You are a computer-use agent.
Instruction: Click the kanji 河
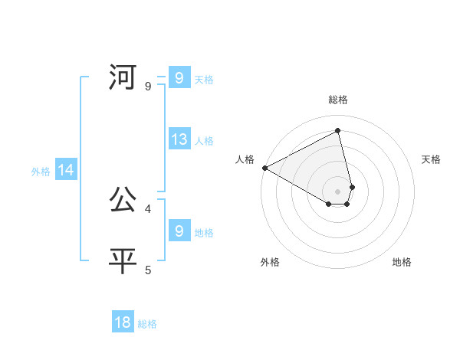(x=123, y=77)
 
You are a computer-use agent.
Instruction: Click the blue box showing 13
(x=179, y=139)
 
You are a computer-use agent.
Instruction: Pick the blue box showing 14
(x=66, y=170)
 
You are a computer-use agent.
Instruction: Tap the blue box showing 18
(x=123, y=322)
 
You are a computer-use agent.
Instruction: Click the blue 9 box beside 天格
(x=179, y=78)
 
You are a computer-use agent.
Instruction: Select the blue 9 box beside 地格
(x=179, y=231)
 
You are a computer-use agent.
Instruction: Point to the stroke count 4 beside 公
(x=148, y=208)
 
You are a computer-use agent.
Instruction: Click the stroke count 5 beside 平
(x=148, y=269)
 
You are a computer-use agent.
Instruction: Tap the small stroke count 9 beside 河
(x=148, y=86)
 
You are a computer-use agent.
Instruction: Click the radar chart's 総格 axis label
(x=338, y=100)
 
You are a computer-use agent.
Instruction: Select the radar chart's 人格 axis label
(x=245, y=159)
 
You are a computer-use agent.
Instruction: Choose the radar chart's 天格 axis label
(x=432, y=159)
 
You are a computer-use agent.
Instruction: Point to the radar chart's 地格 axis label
(x=402, y=262)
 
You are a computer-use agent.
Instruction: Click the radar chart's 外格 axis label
(x=270, y=262)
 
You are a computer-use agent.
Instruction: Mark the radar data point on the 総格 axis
(x=338, y=130)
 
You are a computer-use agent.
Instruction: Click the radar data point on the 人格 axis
(x=264, y=168)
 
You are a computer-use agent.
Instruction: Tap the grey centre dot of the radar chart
(x=338, y=191)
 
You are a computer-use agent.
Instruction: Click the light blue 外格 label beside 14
(x=41, y=172)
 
